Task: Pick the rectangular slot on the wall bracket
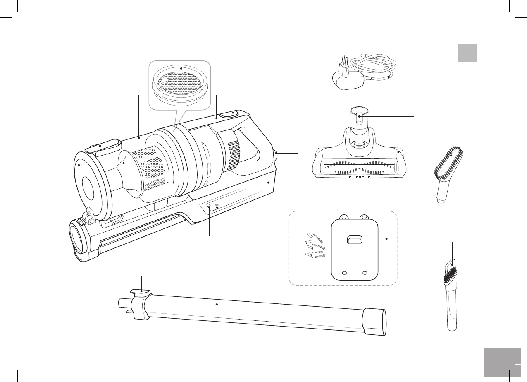pos(355,240)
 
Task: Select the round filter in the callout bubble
pos(180,85)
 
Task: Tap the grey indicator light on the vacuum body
pos(217,206)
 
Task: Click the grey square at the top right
pos(467,53)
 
